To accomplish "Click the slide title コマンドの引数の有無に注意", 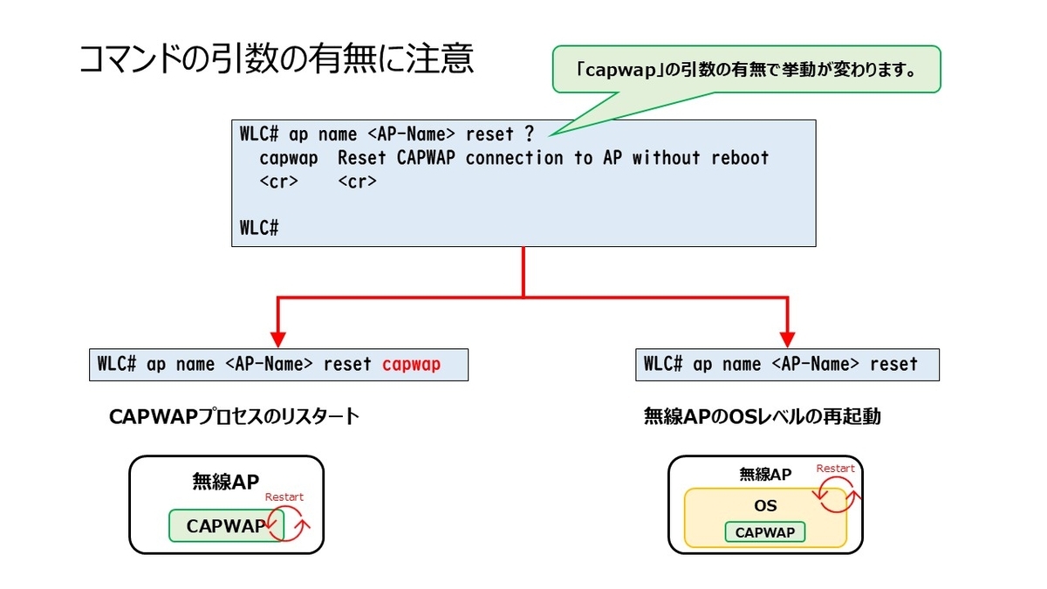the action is coord(277,59).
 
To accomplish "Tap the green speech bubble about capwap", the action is coord(746,69).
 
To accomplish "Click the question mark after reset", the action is coord(529,134).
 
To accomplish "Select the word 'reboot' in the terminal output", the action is coord(740,158).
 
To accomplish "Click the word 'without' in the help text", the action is coord(666,158).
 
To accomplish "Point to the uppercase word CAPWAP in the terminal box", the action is coord(426,158).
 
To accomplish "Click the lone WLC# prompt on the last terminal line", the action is coord(259,228).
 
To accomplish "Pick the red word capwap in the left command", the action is coord(411,365).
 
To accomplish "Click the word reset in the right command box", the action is coord(893,364).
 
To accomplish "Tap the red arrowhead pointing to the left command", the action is coord(278,339).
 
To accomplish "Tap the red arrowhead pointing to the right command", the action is coord(788,339).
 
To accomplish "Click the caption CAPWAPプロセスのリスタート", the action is coord(234,416).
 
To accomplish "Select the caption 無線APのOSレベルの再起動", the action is coord(763,416).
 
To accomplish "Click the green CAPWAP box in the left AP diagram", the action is coord(226,526).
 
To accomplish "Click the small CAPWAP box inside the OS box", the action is coord(765,532).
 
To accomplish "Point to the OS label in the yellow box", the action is coord(766,506).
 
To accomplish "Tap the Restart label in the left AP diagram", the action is coord(284,497).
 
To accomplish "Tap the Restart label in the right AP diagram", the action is coord(835,469).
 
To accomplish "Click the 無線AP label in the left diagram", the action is coord(226,482).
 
